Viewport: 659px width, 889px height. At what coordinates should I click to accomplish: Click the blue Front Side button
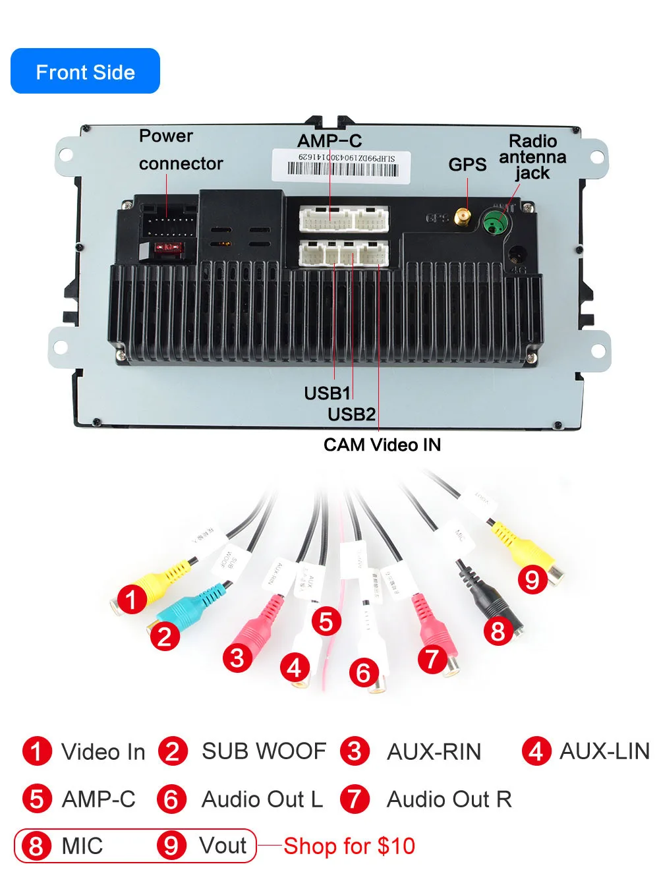[85, 71]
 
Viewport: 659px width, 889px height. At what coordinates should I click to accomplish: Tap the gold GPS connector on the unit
[464, 217]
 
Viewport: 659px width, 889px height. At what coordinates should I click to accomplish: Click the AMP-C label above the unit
[329, 141]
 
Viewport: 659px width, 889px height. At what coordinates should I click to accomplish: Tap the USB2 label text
[351, 415]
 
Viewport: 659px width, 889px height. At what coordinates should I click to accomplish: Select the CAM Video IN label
[382, 445]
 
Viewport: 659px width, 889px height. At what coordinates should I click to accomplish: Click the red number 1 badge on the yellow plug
[132, 600]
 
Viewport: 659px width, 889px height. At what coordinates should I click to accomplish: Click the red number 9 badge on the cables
[532, 579]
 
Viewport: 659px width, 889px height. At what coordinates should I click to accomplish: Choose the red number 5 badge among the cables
[326, 621]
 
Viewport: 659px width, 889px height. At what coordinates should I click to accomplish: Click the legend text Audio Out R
[449, 799]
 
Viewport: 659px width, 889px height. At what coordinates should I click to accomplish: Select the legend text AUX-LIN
[604, 751]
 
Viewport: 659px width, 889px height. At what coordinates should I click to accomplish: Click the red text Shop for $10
[349, 846]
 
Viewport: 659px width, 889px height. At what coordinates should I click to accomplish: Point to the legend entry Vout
[223, 846]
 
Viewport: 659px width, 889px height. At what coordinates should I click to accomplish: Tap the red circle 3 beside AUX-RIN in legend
[355, 751]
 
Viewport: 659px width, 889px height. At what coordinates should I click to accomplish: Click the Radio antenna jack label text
[532, 157]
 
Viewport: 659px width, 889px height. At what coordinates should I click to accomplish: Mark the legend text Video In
[103, 752]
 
